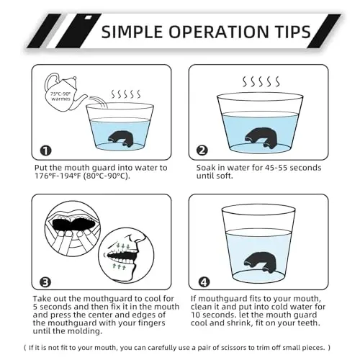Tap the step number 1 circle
point(45,150)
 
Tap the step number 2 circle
point(202,150)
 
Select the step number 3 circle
point(45,282)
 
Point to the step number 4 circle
point(204,282)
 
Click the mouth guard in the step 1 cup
point(120,139)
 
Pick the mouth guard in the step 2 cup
point(261,138)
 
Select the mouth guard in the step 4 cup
point(261,262)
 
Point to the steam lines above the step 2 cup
point(261,81)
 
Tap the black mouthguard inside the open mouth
point(73,225)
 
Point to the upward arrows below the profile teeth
point(120,266)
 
